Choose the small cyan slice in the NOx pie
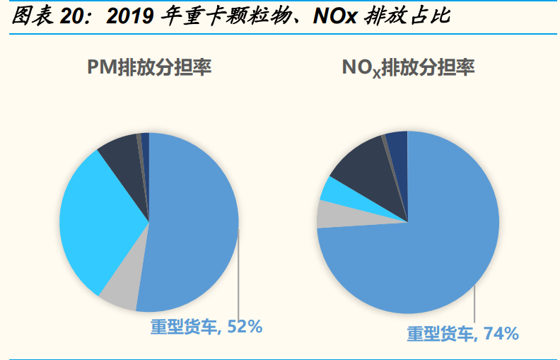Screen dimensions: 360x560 tap(332, 189)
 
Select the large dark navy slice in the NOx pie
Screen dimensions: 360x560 tap(361, 159)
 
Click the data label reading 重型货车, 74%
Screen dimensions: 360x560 tap(462, 333)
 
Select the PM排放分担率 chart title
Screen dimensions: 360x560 tap(149, 68)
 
